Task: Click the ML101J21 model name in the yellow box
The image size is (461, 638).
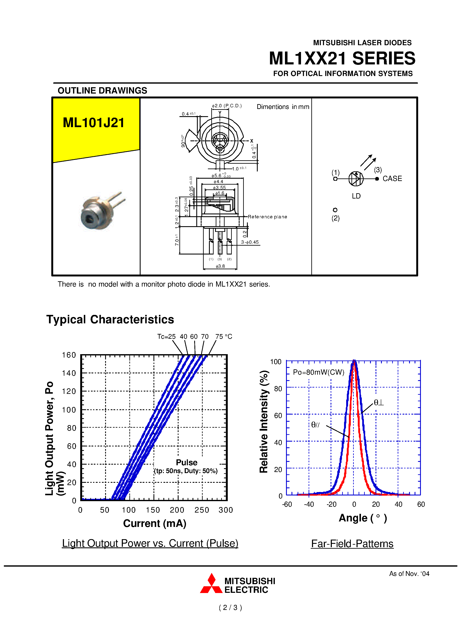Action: tap(94, 123)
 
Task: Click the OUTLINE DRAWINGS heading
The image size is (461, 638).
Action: tap(102, 91)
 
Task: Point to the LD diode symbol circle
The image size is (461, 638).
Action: tap(356, 179)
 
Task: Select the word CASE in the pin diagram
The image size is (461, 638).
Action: tap(392, 179)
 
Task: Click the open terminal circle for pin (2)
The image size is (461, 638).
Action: tap(335, 210)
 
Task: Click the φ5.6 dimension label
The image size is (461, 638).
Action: tap(217, 175)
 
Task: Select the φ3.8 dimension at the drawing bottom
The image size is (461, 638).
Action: tap(220, 266)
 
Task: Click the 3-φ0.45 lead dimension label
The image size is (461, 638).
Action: tap(250, 242)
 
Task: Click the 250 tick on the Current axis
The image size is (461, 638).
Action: tap(202, 510)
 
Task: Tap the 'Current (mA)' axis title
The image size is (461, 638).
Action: tap(155, 523)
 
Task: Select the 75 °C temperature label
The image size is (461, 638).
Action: tap(224, 336)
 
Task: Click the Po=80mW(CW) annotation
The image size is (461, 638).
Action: tap(319, 372)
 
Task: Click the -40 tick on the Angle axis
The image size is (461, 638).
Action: tap(309, 504)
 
